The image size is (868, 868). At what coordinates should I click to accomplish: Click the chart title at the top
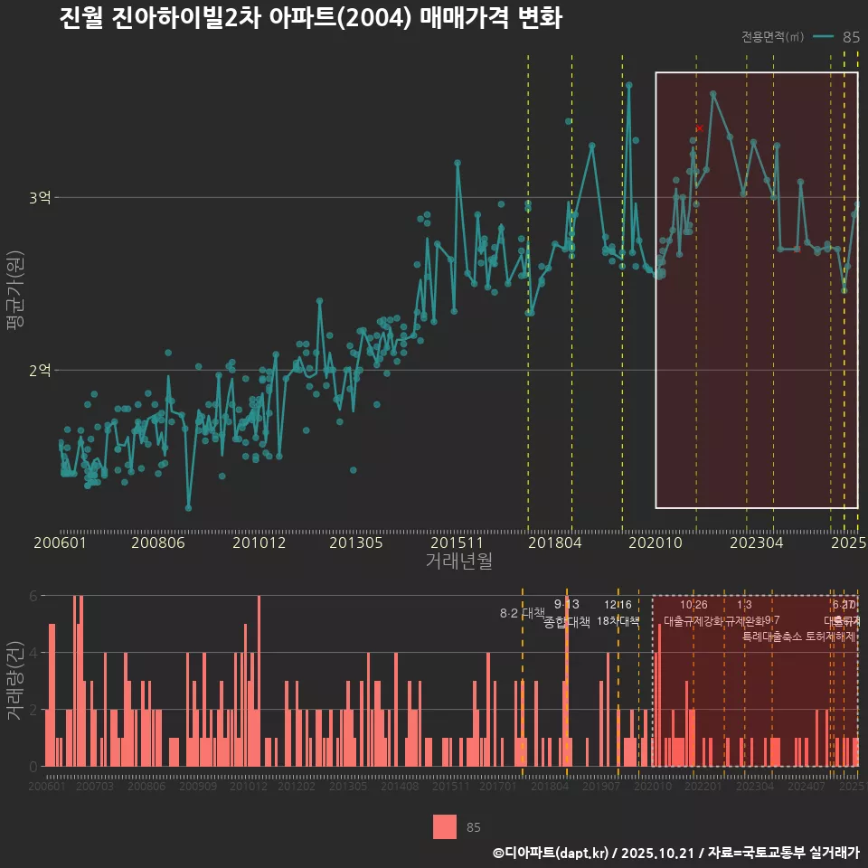pos(310,19)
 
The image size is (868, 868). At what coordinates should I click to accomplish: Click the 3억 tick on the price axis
pos(41,198)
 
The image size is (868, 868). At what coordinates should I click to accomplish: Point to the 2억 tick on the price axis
pos(41,370)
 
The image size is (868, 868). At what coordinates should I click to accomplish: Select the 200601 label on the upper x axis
pos(60,543)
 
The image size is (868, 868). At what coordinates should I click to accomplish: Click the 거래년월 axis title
pos(458,561)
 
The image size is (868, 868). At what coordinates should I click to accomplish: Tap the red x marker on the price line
pos(699,129)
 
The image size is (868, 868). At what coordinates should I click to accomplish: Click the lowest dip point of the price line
pos(188,507)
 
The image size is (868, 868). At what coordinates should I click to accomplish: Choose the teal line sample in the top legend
pos(823,37)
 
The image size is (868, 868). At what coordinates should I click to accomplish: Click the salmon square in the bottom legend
pos(445,827)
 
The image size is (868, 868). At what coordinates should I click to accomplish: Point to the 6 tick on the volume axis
pos(33,596)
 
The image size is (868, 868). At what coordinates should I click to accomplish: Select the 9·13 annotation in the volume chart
pos(566,605)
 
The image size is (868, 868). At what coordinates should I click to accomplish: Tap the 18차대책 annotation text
pos(618,621)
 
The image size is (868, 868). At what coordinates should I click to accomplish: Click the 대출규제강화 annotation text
pos(693,621)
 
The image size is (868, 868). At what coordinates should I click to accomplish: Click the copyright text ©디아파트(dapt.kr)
pos(552,853)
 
